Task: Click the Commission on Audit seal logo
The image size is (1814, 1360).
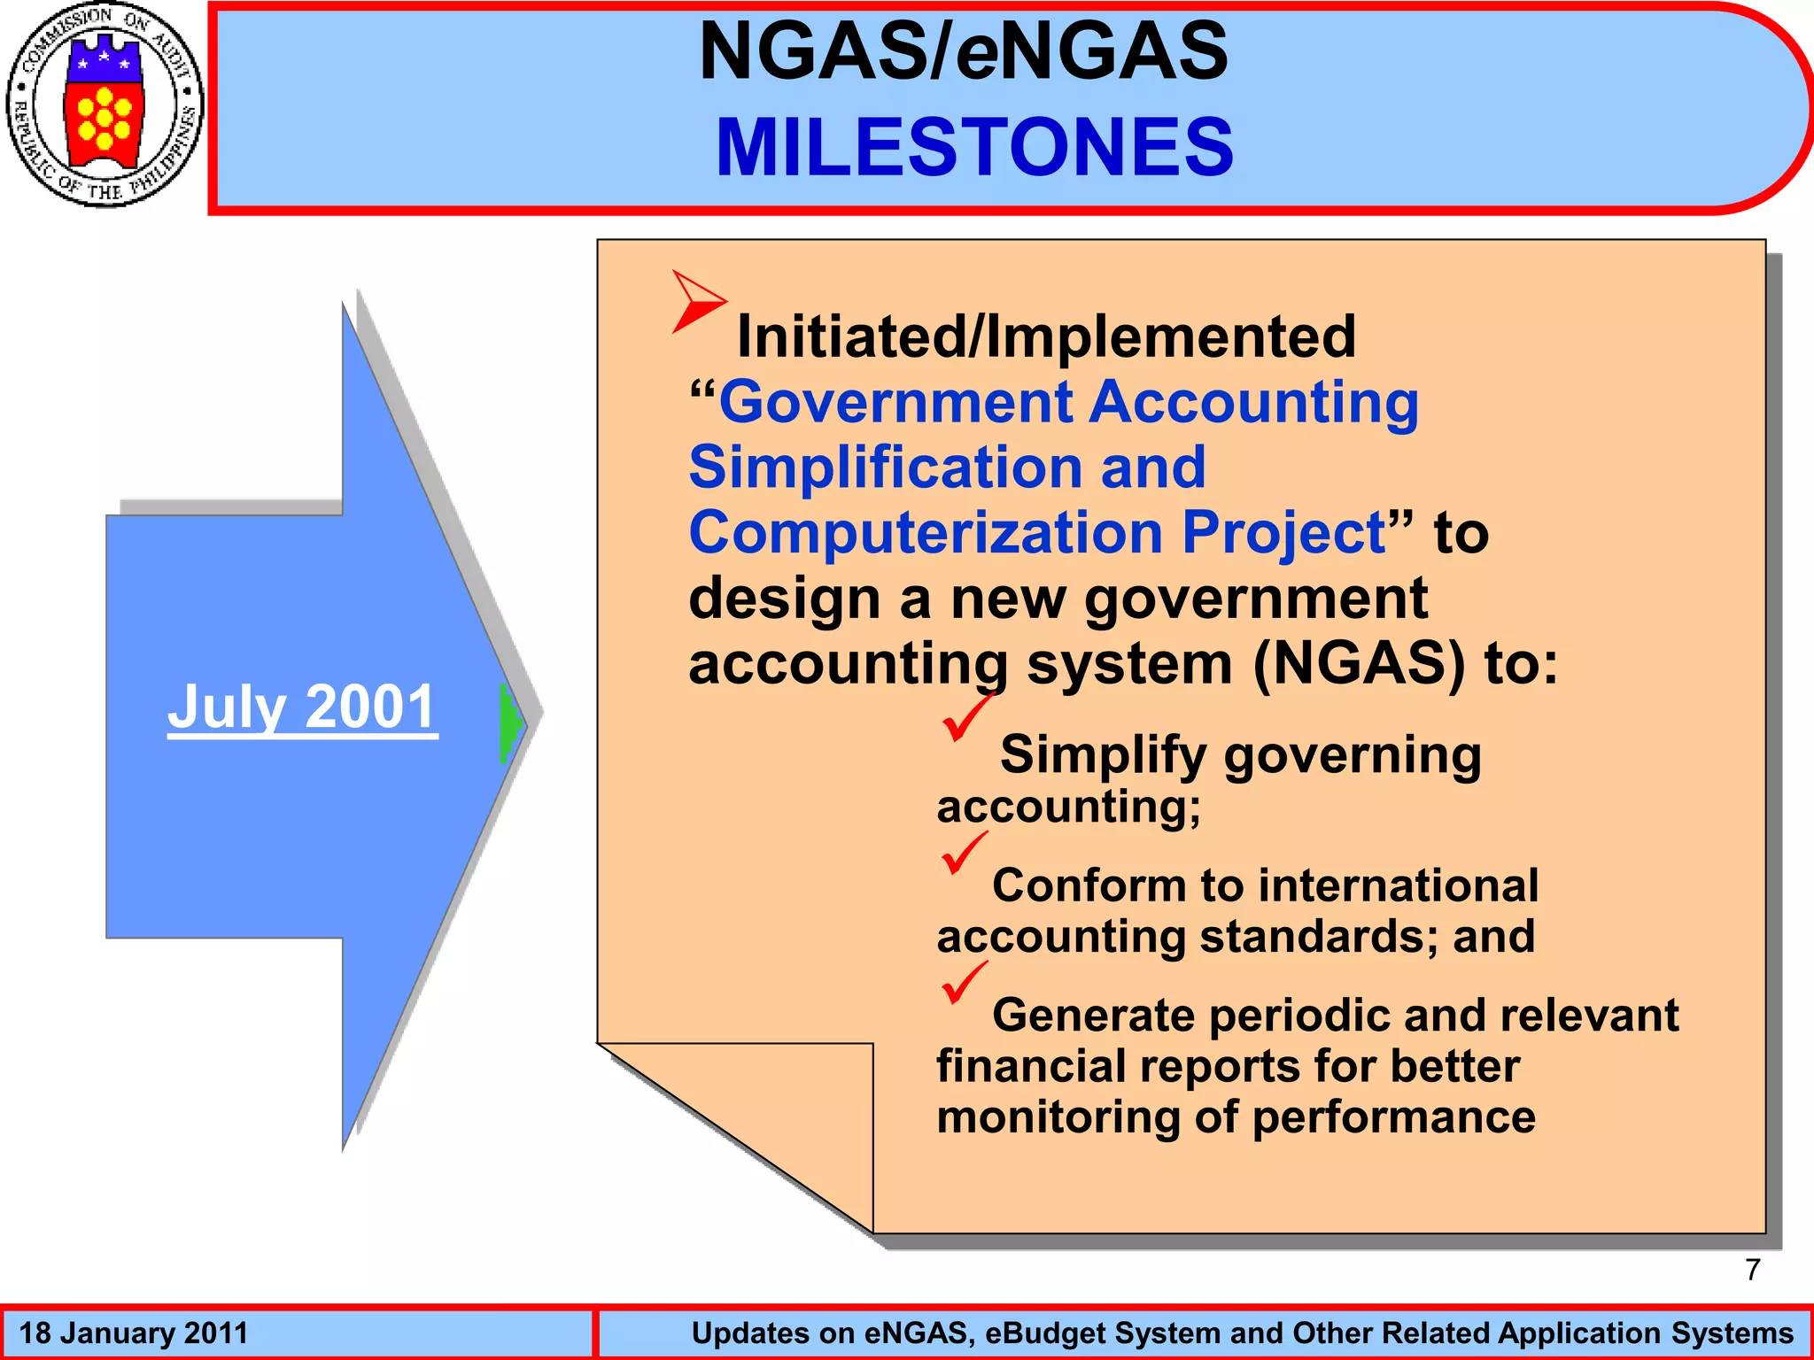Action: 105,104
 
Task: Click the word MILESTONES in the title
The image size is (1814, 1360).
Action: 974,147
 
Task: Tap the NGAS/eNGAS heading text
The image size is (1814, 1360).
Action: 964,51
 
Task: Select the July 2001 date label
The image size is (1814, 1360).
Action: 302,707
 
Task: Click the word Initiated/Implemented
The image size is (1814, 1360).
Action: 1046,336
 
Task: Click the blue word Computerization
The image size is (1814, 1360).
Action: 925,533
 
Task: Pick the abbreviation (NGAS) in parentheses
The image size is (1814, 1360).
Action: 1360,664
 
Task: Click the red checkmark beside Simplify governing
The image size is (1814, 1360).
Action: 965,718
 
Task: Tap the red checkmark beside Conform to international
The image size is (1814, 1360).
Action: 964,852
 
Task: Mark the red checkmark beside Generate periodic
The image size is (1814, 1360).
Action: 964,982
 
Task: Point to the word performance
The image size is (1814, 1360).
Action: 1394,1117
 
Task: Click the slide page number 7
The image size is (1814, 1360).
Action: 1752,1270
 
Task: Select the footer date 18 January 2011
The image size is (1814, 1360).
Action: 134,1333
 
